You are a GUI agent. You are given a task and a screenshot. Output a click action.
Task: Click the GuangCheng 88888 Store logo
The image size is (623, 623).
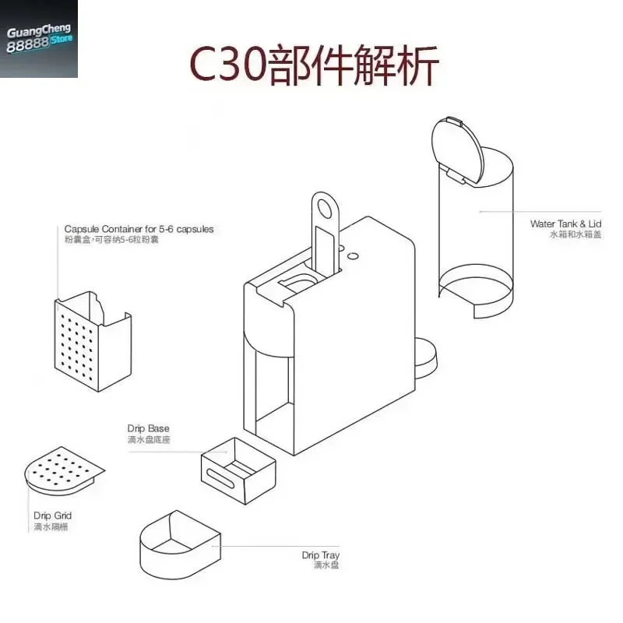click(38, 38)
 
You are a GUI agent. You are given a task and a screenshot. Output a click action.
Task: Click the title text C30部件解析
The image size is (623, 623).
click(314, 65)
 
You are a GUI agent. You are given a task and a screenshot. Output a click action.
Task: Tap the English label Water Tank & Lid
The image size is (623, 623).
click(565, 224)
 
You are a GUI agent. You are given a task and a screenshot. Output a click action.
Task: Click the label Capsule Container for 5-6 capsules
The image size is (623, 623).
click(139, 229)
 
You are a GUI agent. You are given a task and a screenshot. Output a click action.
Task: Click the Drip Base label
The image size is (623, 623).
click(148, 428)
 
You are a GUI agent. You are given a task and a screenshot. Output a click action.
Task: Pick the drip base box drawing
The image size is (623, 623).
click(238, 471)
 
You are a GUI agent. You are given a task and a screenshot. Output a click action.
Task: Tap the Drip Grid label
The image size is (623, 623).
click(52, 516)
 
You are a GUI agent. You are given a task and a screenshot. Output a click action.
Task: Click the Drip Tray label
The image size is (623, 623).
click(320, 555)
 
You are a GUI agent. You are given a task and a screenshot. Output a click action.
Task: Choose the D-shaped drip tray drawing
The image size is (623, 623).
click(180, 544)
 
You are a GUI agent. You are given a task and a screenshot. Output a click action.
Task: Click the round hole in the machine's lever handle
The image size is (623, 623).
click(325, 209)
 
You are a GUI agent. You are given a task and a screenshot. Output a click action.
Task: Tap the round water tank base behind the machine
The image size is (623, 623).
click(425, 357)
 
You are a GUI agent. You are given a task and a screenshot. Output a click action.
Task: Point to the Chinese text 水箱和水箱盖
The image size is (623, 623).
click(575, 234)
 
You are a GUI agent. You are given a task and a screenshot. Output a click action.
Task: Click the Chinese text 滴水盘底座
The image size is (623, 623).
click(149, 439)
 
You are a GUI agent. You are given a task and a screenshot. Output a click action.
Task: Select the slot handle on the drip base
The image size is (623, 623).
click(220, 477)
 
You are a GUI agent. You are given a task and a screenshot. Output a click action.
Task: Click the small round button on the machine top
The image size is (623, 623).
click(353, 257)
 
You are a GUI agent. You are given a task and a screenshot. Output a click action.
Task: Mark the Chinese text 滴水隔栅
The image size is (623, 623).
click(51, 527)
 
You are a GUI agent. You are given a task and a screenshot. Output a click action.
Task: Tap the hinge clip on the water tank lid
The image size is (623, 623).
click(456, 176)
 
